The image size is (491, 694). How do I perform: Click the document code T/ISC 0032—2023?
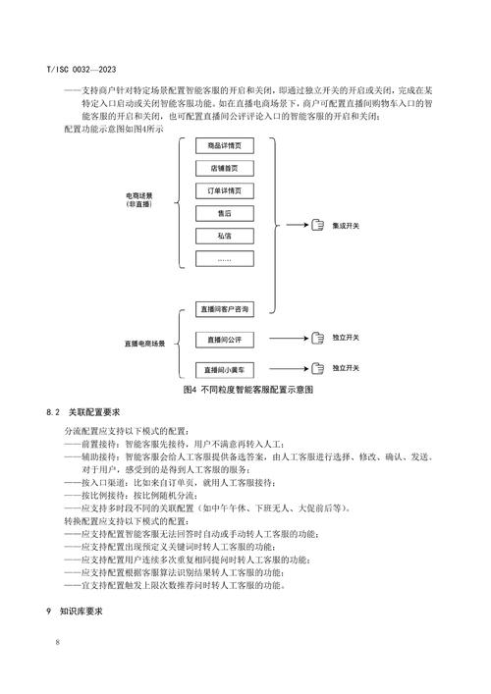pos(81,70)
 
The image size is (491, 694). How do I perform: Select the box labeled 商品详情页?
pos(225,146)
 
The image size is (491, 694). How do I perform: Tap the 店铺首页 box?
pos(225,169)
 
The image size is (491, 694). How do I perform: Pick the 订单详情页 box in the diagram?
pos(225,190)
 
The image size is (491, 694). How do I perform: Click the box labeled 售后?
pos(225,213)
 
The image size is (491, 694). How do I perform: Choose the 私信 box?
pos(225,237)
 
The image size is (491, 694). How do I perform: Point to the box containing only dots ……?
pos(225,259)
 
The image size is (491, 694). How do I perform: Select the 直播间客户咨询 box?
pos(225,308)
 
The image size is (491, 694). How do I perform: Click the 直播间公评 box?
pos(225,340)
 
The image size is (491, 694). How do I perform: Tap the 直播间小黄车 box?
pos(225,370)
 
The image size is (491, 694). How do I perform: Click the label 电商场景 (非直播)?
pos(141,200)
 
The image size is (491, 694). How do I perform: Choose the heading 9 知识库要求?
pos(81,611)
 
